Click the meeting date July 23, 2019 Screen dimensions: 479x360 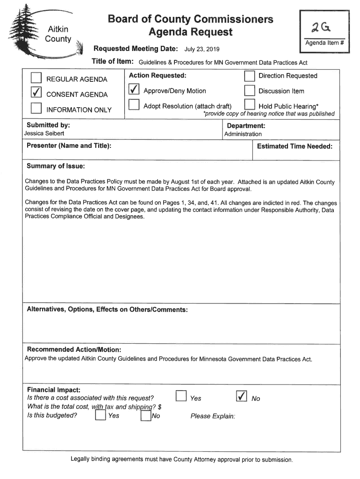(202, 50)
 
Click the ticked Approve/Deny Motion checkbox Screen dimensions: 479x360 (134, 90)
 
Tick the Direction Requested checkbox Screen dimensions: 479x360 (250, 76)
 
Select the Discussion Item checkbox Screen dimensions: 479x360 (250, 91)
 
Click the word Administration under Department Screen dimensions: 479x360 (243, 134)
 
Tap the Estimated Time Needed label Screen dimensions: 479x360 (295, 146)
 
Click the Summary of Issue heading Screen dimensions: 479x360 (56, 167)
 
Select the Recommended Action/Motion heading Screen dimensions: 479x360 (74, 349)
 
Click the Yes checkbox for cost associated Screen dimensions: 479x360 (181, 397)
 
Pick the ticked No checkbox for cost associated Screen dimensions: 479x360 (242, 397)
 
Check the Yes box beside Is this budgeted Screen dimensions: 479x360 (100, 415)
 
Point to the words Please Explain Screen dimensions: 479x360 (213, 416)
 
